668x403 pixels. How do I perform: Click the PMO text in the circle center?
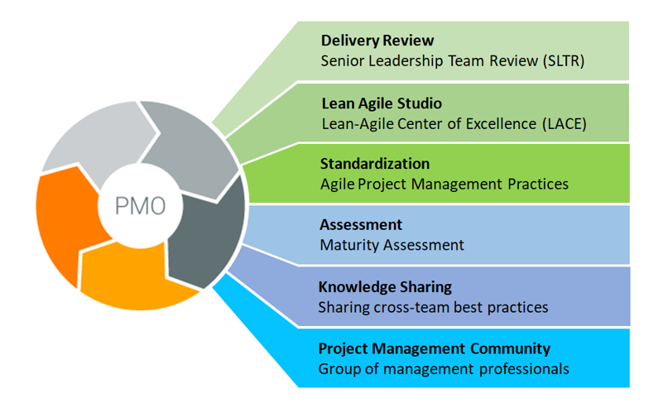[x=140, y=206]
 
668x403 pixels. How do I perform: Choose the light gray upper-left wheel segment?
[x=98, y=137]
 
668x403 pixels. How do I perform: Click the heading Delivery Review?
[x=377, y=41]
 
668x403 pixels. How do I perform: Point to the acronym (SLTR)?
[x=564, y=61]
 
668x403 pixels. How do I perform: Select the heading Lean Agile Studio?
[x=382, y=103]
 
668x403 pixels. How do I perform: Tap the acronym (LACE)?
[x=565, y=124]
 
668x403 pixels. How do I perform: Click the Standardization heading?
[x=375, y=164]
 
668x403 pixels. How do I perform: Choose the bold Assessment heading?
[x=361, y=224]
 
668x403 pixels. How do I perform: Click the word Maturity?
[x=349, y=245]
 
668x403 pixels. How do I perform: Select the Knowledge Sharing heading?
[x=385, y=287]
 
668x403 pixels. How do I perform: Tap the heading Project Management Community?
[x=435, y=348]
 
